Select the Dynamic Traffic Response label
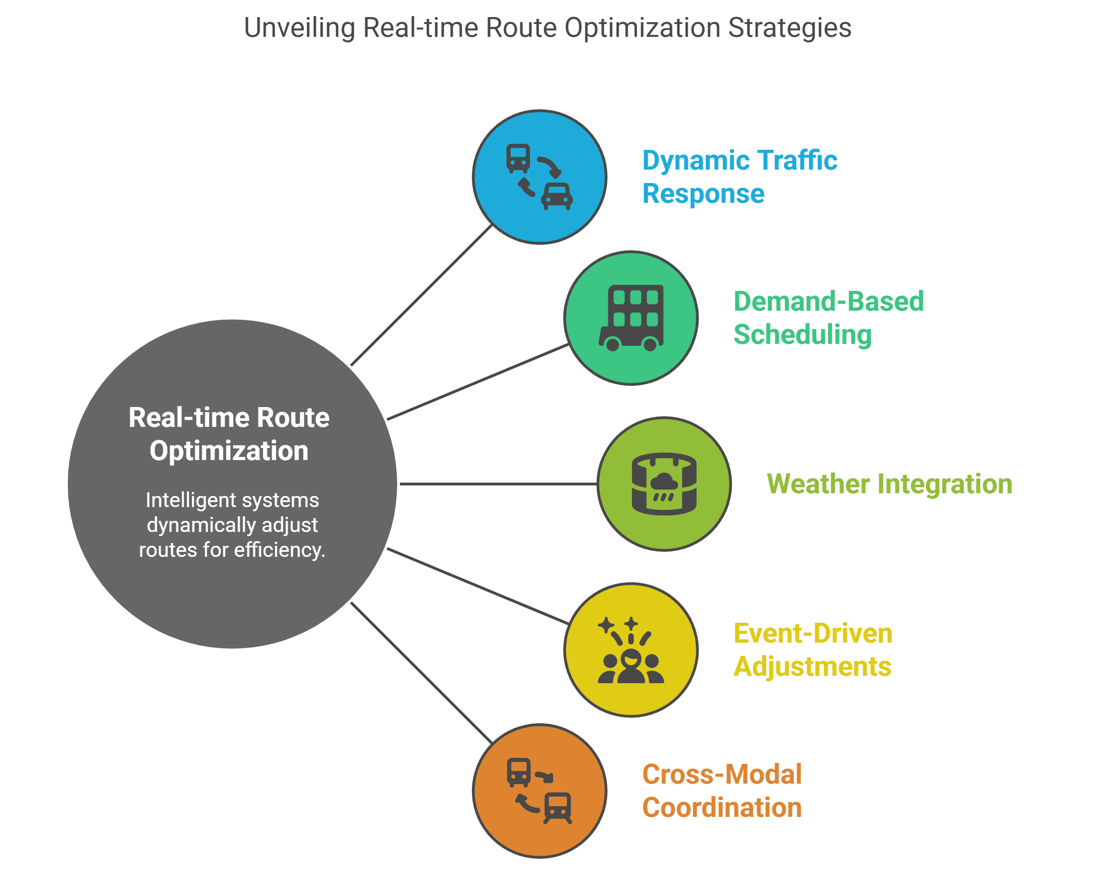[739, 177]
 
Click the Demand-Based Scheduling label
[828, 318]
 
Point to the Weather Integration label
[889, 484]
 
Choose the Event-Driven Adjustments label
[812, 650]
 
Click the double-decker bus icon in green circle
[631, 318]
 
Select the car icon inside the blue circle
[557, 196]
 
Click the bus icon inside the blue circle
[518, 158]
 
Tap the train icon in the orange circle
[558, 807]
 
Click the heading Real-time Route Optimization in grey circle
[229, 434]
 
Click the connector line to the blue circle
[422, 295]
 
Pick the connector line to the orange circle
[422, 672]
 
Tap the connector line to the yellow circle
[478, 586]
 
